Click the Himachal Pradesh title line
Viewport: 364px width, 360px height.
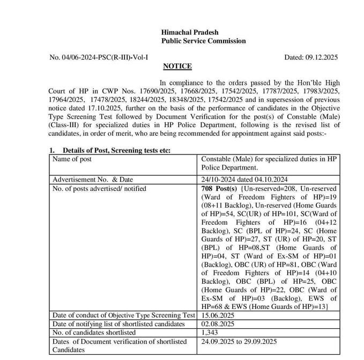(x=189, y=32)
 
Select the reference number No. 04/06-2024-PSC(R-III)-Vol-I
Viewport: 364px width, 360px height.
(x=99, y=56)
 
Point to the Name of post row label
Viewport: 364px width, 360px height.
(x=72, y=159)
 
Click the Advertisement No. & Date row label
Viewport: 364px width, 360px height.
(x=92, y=179)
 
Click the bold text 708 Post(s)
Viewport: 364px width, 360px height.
(x=219, y=189)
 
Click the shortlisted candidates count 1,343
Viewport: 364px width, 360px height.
(x=210, y=333)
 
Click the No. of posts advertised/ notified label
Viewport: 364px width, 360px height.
(x=99, y=188)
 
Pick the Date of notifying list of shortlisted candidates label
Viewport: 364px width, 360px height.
(x=118, y=324)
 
